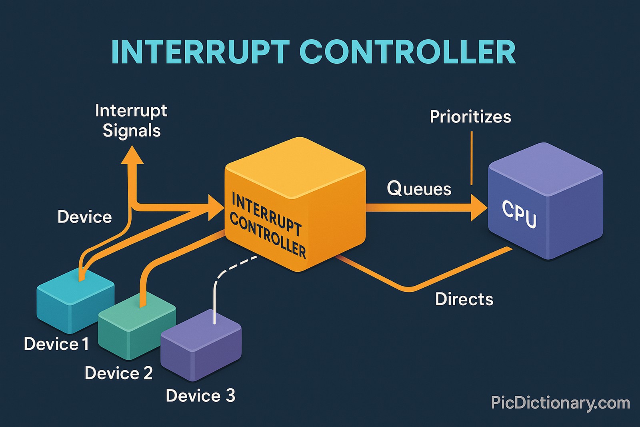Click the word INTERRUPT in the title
[x=200, y=52]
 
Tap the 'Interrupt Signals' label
[x=131, y=120]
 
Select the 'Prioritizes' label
[x=470, y=117]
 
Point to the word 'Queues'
[x=419, y=188]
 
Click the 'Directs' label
[x=464, y=299]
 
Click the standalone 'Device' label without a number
[x=84, y=217]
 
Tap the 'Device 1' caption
[x=56, y=344]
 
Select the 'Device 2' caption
[x=118, y=373]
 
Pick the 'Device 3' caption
[x=200, y=396]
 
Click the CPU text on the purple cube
[x=519, y=215]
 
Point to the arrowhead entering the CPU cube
[x=479, y=207]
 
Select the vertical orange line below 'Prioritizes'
[x=472, y=158]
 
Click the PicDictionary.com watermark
[x=560, y=403]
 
